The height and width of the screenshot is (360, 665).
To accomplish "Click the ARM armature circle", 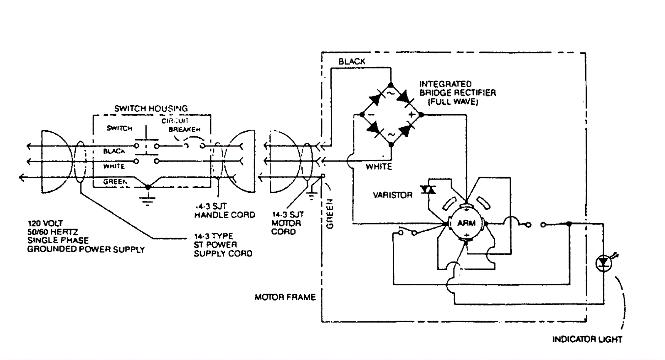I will [x=466, y=223].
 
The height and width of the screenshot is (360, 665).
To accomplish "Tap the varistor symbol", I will [x=428, y=190].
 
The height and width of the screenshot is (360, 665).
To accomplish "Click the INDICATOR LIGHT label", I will [x=587, y=340].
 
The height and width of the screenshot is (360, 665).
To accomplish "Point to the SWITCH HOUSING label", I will [x=151, y=108].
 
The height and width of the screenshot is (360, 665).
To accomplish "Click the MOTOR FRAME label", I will [x=285, y=297].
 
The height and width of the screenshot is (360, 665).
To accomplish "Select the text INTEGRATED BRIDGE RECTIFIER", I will [x=457, y=88].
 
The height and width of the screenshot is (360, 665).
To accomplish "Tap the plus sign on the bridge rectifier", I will [x=411, y=115].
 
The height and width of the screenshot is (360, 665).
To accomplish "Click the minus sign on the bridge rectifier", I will [x=371, y=115].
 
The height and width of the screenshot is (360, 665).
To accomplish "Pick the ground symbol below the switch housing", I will [x=147, y=200].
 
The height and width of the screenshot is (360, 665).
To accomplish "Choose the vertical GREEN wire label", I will [x=330, y=213].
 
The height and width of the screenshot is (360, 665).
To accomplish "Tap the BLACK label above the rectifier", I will [x=352, y=62].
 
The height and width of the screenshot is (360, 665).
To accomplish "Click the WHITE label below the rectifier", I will [x=379, y=167].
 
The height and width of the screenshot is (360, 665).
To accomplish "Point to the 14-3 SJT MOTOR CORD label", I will [x=287, y=223].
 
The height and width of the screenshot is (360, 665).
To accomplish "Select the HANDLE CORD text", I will [x=224, y=215].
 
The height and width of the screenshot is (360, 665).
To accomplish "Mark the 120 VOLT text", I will [x=45, y=223].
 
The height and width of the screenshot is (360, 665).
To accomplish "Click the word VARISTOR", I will [x=392, y=195].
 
